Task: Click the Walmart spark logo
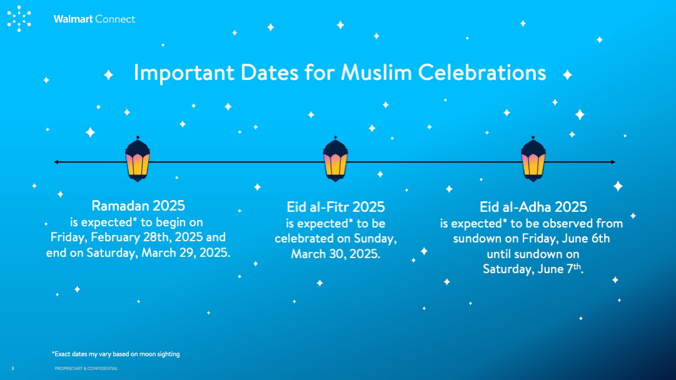(19, 19)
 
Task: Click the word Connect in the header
(114, 19)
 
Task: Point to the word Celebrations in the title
(482, 72)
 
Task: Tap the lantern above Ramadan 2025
(138, 159)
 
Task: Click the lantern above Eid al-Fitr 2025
(335, 159)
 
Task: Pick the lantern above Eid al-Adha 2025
(533, 159)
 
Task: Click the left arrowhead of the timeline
(56, 162)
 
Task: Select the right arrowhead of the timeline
(613, 162)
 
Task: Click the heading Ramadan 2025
(138, 206)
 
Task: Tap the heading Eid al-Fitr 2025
(335, 207)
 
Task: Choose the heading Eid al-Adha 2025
(533, 207)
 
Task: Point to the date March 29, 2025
(186, 252)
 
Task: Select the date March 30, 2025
(335, 254)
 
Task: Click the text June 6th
(587, 238)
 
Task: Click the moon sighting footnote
(116, 354)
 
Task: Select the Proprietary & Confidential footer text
(86, 368)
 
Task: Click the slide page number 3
(13, 368)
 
